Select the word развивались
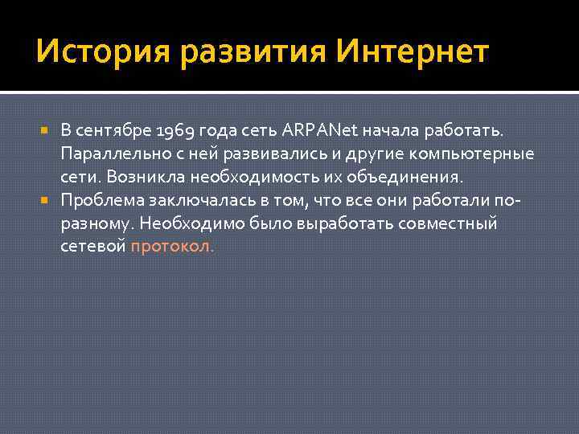[x=265, y=154]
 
